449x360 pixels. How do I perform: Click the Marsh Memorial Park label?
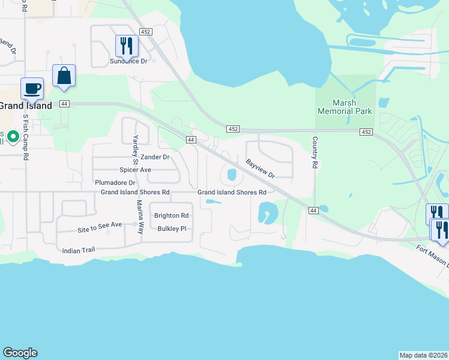[x=345, y=107]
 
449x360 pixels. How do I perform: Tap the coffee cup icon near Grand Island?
[x=32, y=89]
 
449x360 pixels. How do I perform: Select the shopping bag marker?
[x=64, y=76]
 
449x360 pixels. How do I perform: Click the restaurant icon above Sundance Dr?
[x=127, y=46]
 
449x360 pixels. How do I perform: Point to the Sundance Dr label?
[x=128, y=61]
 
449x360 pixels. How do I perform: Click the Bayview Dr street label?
[x=260, y=168]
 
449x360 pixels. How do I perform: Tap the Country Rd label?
[x=313, y=152]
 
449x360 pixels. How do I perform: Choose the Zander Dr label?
[x=156, y=157]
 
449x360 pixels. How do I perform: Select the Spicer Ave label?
[x=135, y=170]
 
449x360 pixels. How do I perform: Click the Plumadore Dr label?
[x=115, y=182]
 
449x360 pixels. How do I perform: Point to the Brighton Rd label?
[x=171, y=216]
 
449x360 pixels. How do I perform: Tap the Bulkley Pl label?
[x=172, y=229]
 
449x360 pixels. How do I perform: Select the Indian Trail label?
[x=80, y=249]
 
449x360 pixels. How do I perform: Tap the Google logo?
[x=20, y=353]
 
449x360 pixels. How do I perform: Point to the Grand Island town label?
[x=25, y=106]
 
